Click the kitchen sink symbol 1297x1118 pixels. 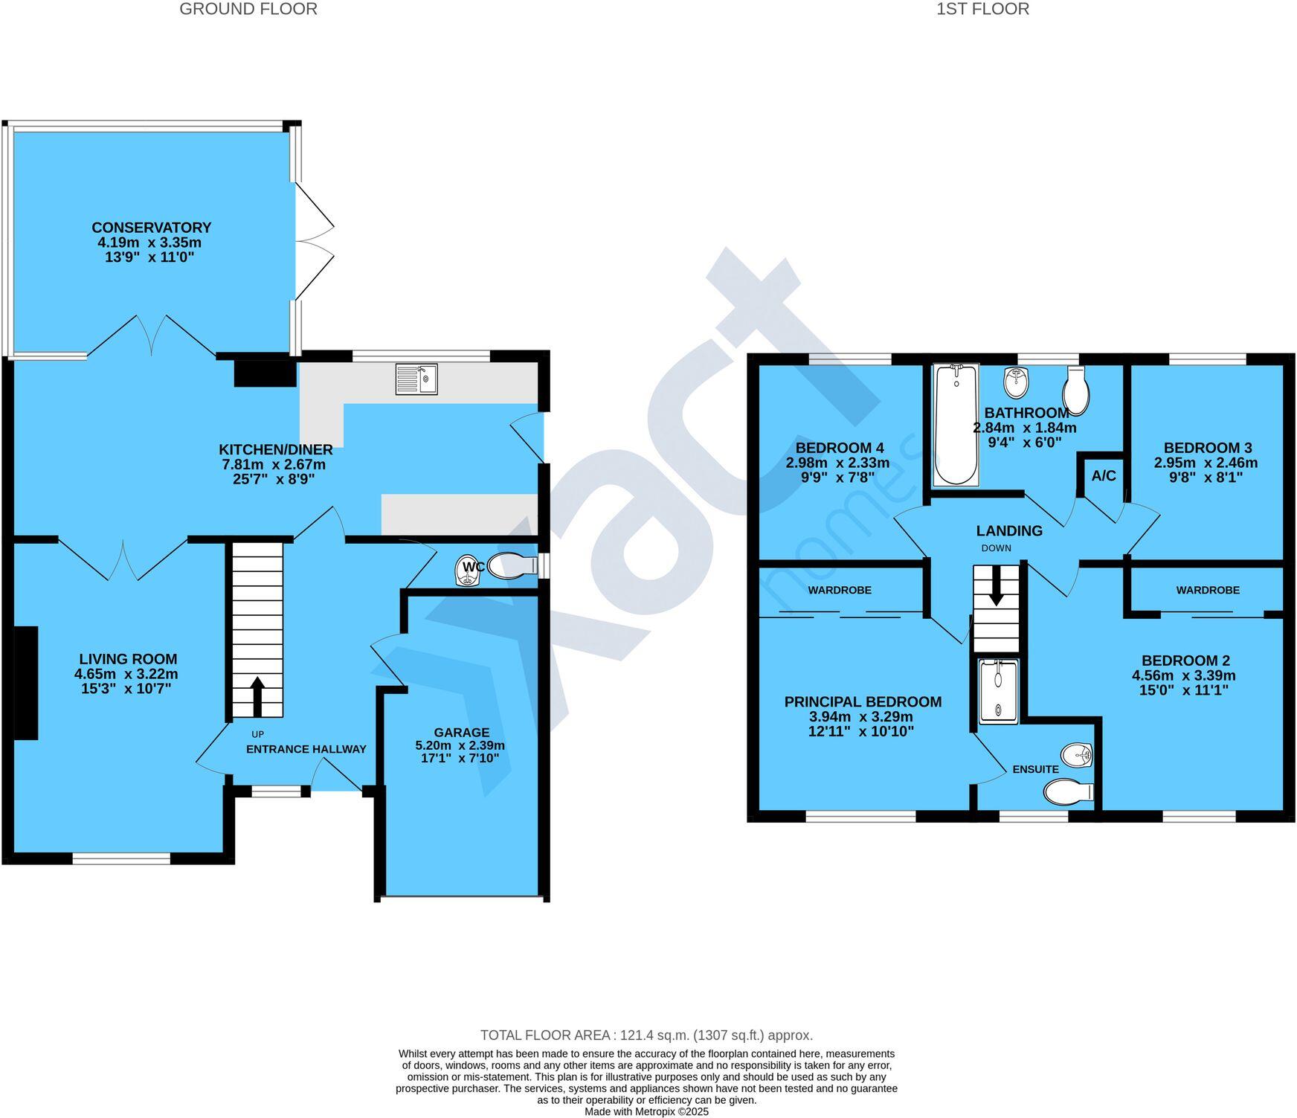coord(416,379)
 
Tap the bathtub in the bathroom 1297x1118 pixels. coord(956,424)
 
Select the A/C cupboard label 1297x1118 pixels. coord(1104,476)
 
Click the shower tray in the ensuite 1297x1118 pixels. coord(998,691)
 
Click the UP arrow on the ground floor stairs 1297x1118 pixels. coord(257,695)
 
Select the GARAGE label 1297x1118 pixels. coord(462,732)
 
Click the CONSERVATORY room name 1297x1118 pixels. coord(152,228)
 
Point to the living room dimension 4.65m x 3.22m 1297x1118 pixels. coord(126,674)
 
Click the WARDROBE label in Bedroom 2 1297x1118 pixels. coord(1208,590)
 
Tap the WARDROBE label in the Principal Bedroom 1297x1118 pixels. coord(840,590)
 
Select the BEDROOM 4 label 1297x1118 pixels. coord(840,448)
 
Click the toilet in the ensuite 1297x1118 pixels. coord(1068,793)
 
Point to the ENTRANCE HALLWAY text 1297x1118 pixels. coord(306,749)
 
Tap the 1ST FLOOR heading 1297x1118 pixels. coord(982,9)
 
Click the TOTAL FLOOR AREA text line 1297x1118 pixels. coord(646,1035)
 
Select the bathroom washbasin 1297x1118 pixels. coord(1016,382)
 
